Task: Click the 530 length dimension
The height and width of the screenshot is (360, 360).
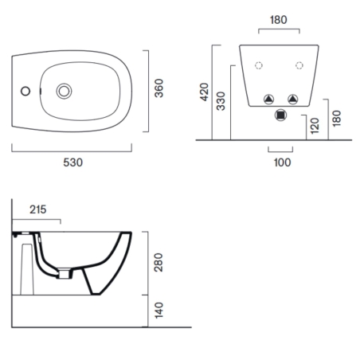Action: tap(72, 162)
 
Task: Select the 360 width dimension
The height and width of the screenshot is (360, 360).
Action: tap(159, 88)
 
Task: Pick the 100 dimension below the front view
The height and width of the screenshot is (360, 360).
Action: tap(282, 162)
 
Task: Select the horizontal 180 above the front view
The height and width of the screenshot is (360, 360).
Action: tap(278, 19)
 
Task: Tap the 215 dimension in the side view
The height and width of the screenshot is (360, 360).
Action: tap(37, 210)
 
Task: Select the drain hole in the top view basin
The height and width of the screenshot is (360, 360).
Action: tap(65, 90)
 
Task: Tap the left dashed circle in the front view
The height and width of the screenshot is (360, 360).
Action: tap(257, 65)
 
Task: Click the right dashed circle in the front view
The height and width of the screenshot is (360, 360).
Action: tap(299, 65)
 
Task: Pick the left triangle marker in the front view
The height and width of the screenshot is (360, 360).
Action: tap(268, 99)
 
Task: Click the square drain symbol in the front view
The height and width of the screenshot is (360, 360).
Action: tap(280, 115)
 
